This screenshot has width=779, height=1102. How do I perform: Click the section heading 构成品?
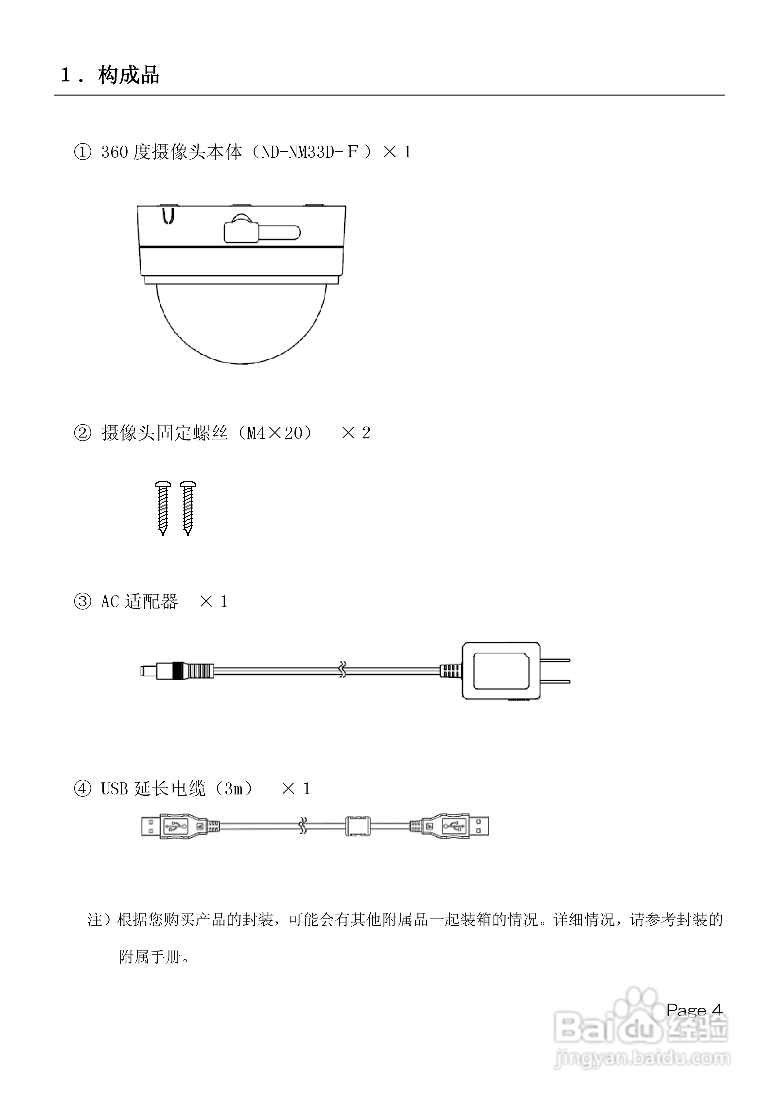[129, 75]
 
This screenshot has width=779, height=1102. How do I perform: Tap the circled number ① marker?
[82, 152]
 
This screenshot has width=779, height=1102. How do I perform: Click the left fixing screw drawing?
[163, 508]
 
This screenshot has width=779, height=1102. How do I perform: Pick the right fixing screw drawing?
[188, 508]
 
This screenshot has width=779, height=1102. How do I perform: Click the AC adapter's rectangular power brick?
[501, 671]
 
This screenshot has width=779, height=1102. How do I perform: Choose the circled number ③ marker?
[82, 601]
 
